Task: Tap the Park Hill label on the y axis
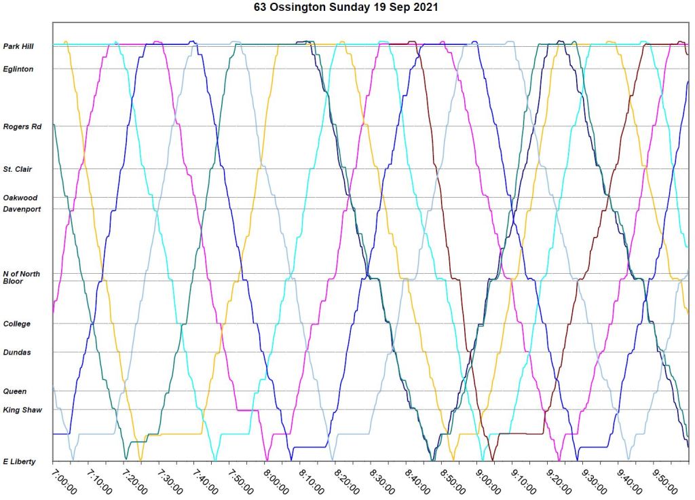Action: coord(18,47)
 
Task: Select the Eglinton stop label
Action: coord(18,69)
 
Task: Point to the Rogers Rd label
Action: coord(22,127)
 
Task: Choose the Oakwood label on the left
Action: coord(20,198)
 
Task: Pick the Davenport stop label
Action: coord(22,209)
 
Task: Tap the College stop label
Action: coord(17,324)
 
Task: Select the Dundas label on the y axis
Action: coord(17,353)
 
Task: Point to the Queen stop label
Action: coord(15,391)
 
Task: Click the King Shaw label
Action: coord(22,410)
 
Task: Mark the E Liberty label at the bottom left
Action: coord(18,462)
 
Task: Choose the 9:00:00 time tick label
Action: coord(491,480)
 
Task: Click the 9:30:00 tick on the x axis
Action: coord(597,480)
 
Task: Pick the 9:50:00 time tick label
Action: coord(667,480)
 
